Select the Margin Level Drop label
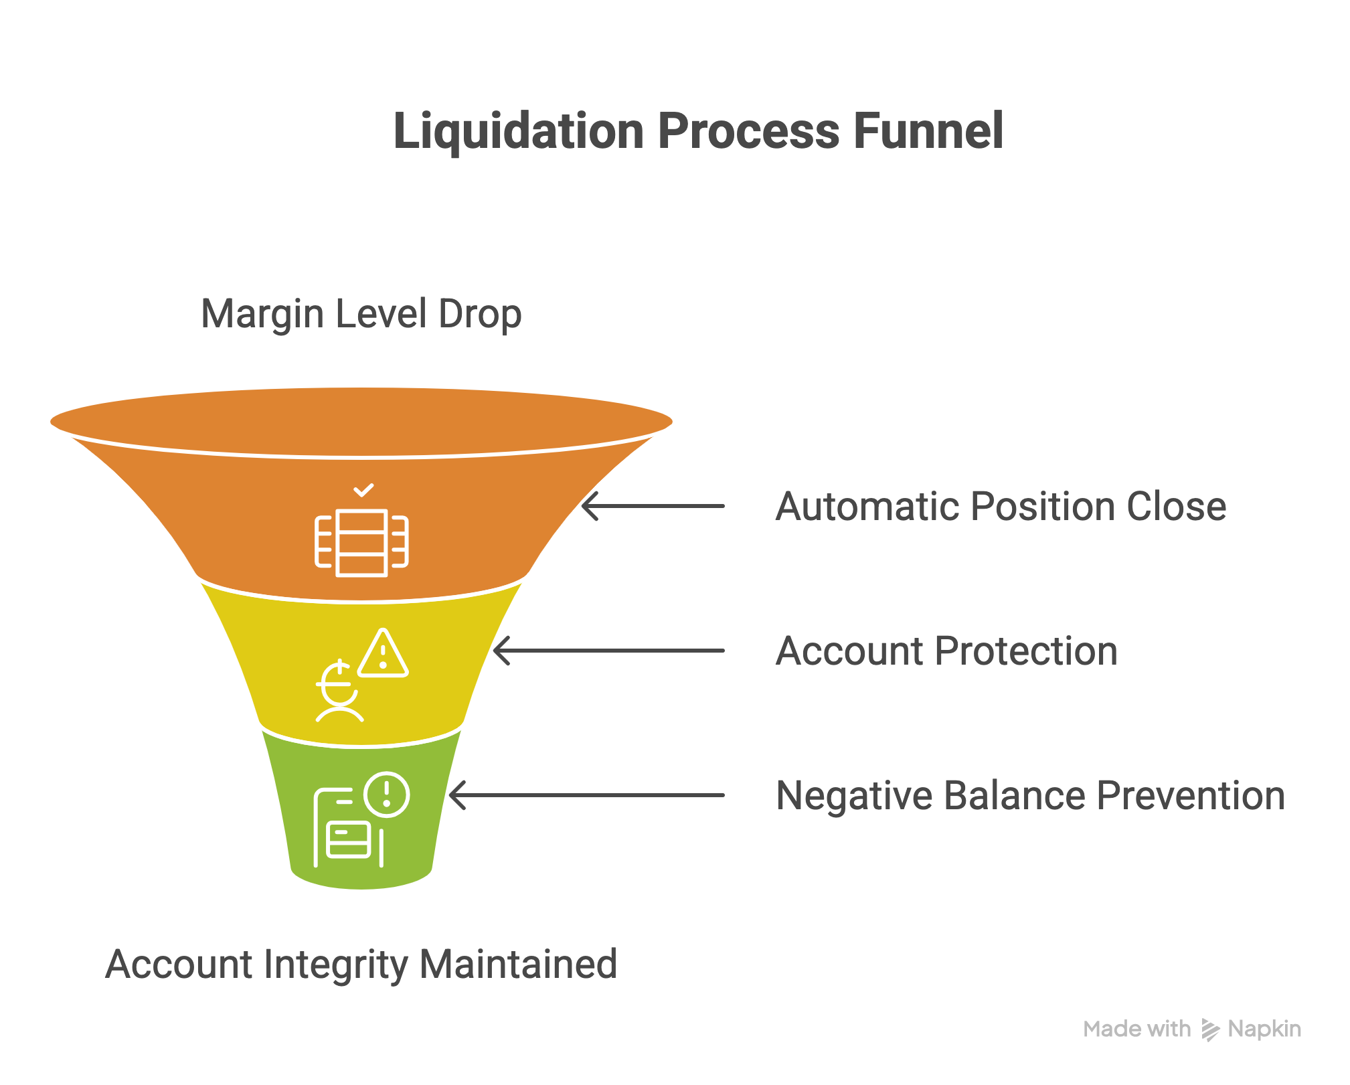tap(361, 314)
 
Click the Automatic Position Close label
tap(1000, 506)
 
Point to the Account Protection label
tap(946, 651)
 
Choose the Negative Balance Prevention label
tap(1029, 795)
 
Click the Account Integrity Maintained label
tap(361, 964)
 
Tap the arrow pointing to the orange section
tap(653, 506)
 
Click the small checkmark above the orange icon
tap(363, 491)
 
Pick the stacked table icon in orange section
tap(361, 543)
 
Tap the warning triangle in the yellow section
tap(383, 654)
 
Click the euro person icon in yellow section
tap(339, 693)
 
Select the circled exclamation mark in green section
tap(386, 794)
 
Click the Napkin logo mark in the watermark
tap(1209, 1029)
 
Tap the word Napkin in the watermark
tap(1264, 1029)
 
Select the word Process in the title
tap(748, 131)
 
